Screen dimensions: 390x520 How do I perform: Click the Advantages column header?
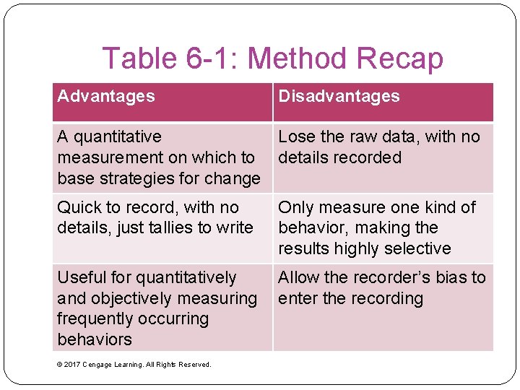106,96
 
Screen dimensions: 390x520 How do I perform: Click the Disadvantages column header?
339,96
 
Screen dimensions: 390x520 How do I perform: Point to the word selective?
421,248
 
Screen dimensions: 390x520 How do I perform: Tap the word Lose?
295,136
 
